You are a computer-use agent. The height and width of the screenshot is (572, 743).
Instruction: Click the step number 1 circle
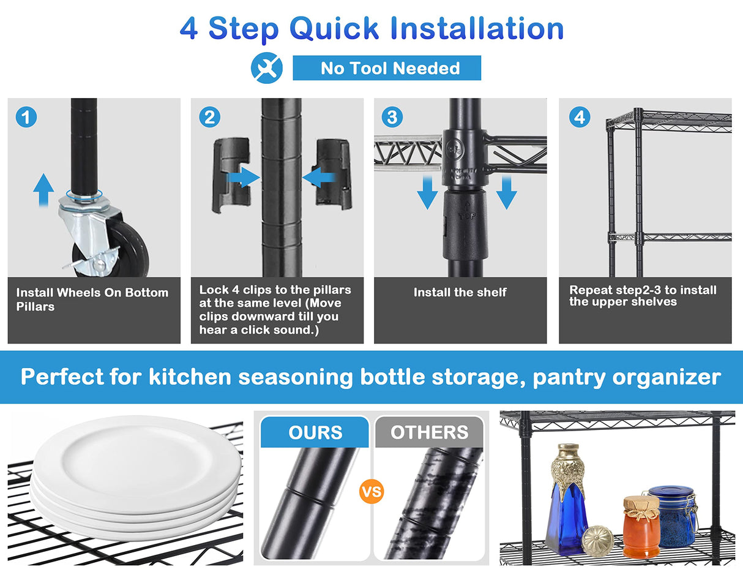click(26, 117)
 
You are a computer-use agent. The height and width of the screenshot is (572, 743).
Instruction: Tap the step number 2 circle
click(209, 117)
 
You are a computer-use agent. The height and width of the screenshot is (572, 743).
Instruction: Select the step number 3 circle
click(392, 117)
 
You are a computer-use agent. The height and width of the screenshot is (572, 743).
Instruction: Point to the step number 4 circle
click(580, 117)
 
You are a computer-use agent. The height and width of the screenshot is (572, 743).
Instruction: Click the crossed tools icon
click(267, 68)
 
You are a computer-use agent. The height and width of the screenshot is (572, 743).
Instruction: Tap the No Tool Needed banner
click(387, 68)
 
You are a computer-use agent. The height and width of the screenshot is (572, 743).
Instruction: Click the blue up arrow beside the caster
click(43, 190)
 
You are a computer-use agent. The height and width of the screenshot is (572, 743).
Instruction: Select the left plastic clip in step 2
click(231, 175)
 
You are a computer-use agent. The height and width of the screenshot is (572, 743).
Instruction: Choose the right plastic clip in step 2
click(334, 174)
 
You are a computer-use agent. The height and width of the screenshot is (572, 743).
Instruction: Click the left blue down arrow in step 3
click(427, 192)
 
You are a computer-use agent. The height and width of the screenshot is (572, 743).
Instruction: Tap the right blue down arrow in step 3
click(506, 192)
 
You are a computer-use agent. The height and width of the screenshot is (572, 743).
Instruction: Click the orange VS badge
click(371, 492)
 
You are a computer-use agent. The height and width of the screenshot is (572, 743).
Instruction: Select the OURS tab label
click(315, 432)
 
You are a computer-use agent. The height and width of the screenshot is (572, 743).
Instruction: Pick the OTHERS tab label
click(430, 432)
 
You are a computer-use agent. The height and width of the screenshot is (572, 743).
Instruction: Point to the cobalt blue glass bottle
click(567, 500)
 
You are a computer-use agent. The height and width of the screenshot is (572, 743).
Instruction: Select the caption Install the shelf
click(460, 292)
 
